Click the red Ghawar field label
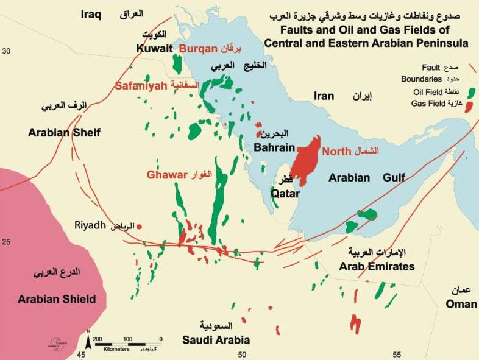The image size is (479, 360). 166,175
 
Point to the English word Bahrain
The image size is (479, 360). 274,147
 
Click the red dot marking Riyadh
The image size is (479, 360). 140,227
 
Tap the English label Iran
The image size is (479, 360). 324,96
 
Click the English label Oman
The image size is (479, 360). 461,304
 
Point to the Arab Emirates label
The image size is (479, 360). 377,266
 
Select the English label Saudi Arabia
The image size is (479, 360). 218,340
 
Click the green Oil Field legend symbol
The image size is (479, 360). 471,92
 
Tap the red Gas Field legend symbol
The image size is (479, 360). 469,105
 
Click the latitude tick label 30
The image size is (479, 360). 7,52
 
